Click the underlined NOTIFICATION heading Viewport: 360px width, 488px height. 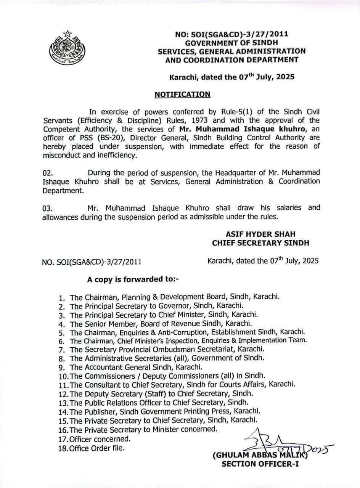(x=182, y=94)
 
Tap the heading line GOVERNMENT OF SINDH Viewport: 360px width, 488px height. (x=231, y=42)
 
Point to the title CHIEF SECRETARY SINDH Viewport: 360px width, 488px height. (x=260, y=243)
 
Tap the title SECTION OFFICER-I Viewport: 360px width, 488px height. (x=260, y=464)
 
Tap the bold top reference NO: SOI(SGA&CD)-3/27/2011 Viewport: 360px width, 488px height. (x=231, y=34)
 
